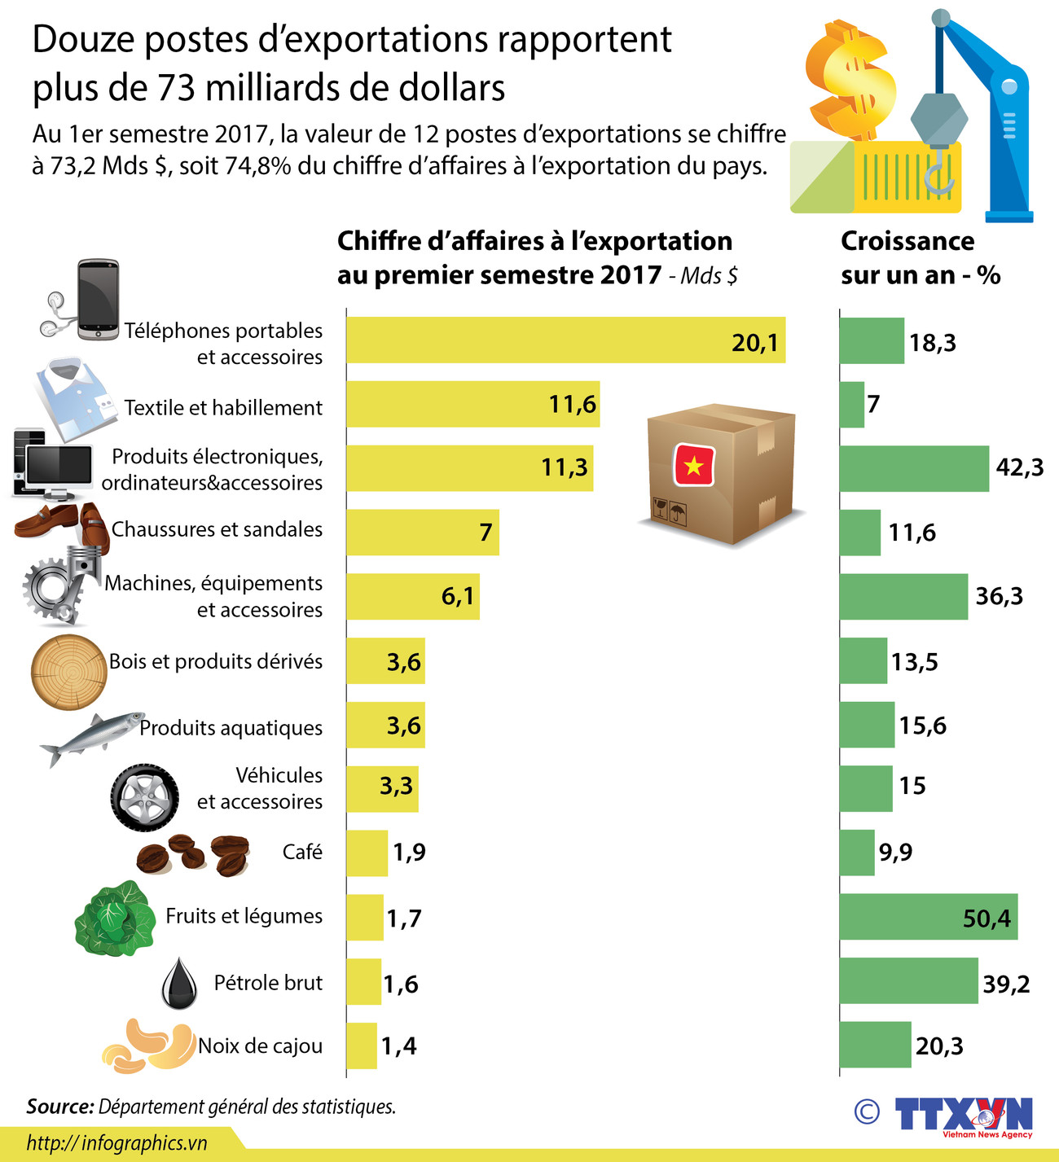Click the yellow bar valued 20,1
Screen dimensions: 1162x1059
(565, 340)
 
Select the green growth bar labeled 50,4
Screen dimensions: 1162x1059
(928, 917)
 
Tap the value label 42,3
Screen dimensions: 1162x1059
(1019, 467)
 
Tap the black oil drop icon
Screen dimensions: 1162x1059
(179, 984)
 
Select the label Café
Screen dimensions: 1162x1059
(302, 853)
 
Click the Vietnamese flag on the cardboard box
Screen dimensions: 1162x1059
(693, 466)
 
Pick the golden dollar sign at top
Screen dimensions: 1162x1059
(847, 81)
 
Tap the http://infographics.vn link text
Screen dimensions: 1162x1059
(116, 1142)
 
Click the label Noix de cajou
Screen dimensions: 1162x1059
(260, 1046)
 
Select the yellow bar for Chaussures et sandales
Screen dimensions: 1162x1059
(422, 533)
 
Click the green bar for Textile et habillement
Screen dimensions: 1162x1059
(852, 405)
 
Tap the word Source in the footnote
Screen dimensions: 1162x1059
(59, 1107)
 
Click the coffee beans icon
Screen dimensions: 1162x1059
(192, 854)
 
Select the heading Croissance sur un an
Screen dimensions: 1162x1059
(920, 257)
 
